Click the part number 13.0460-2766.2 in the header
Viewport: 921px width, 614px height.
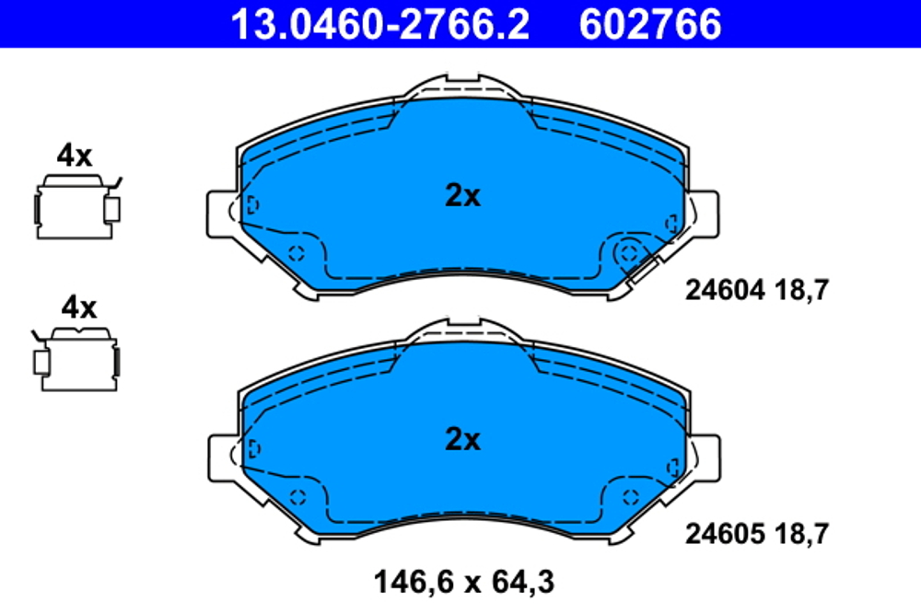[379, 24]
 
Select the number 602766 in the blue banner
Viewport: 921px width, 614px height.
[649, 24]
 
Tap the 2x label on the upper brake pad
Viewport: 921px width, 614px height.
[462, 195]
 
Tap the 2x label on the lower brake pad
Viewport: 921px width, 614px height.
[462, 440]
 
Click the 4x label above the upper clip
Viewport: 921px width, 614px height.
[75, 156]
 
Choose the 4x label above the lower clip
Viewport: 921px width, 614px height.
[77, 307]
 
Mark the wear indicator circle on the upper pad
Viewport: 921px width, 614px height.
[628, 250]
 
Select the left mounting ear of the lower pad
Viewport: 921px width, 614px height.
[219, 458]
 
